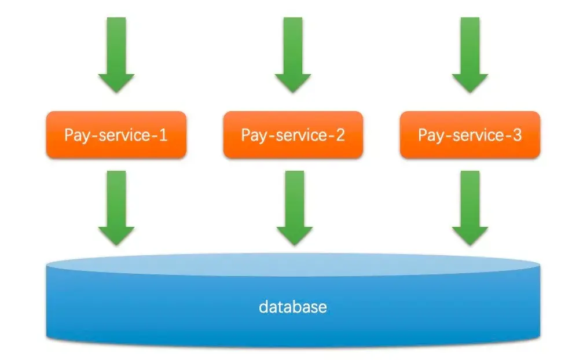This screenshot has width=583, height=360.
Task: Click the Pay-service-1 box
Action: (116, 135)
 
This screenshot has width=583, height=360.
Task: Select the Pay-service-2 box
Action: (293, 135)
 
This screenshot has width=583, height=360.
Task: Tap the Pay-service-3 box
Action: (470, 135)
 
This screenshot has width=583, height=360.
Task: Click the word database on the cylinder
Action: (292, 306)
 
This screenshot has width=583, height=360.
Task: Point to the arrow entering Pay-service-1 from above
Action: (116, 55)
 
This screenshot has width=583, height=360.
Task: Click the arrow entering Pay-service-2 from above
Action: (293, 55)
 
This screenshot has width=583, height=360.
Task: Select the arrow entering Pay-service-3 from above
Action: (470, 55)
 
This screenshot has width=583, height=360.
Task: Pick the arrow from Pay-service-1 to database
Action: (116, 208)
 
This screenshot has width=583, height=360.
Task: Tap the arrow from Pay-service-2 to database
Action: (294, 208)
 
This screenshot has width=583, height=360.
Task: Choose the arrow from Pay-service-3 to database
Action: (470, 208)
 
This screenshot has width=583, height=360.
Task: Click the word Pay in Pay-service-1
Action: (76, 136)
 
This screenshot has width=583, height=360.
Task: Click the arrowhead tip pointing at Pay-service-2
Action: (293, 90)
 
